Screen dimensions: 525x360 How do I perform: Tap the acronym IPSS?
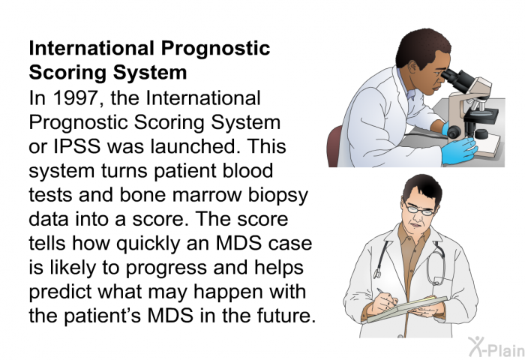pyautogui.click(x=76, y=147)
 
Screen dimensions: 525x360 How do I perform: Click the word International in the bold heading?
pyautogui.click(x=91, y=48)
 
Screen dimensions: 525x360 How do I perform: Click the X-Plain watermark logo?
pyautogui.click(x=496, y=347)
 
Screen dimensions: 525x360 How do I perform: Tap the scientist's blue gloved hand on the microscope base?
pyautogui.click(x=459, y=150)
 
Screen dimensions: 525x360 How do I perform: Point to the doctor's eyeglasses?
pyautogui.click(x=419, y=209)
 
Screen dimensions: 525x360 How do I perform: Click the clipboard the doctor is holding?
pyautogui.click(x=406, y=309)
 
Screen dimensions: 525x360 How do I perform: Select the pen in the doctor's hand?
pyautogui.click(x=385, y=295)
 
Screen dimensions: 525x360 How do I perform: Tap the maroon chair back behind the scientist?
pyautogui.click(x=334, y=147)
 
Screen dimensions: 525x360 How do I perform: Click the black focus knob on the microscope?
pyautogui.click(x=453, y=131)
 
